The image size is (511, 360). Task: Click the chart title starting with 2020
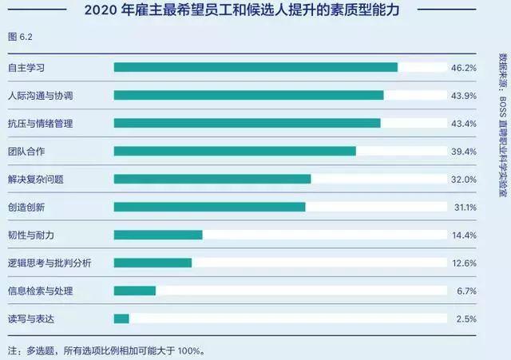point(252,11)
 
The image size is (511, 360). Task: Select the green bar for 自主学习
point(255,67)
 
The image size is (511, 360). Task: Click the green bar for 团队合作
point(235,151)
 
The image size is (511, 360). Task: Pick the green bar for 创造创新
point(209,207)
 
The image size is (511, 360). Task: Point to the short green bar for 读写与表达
point(121,318)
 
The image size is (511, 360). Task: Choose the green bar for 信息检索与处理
point(135,291)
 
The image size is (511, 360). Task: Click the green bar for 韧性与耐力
point(158,235)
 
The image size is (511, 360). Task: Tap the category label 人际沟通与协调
point(40,96)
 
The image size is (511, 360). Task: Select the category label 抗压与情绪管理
point(40,124)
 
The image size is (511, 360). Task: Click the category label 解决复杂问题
point(35,180)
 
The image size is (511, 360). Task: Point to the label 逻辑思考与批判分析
point(50,263)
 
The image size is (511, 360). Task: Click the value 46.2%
point(464,68)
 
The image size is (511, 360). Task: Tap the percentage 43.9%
point(464,96)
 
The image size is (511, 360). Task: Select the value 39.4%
point(464,152)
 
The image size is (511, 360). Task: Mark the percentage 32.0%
point(464,180)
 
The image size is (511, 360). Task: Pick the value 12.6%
point(464,263)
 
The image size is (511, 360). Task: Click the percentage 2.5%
point(466,319)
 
